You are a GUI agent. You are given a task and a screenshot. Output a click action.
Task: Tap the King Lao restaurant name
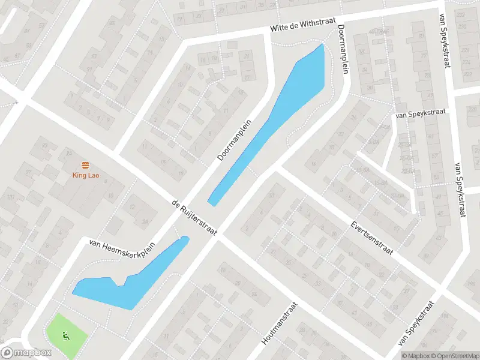[x=86, y=176]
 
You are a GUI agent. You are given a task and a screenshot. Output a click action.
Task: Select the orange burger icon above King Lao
[x=86, y=165]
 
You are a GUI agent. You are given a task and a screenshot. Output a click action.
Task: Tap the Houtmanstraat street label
[x=279, y=323]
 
